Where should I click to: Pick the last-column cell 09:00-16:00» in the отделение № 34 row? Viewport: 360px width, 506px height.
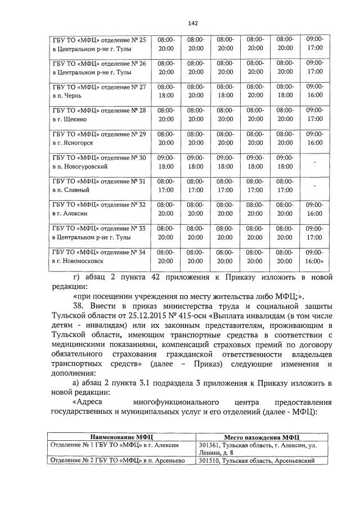316,256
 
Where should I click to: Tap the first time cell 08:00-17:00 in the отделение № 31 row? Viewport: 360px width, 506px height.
166,186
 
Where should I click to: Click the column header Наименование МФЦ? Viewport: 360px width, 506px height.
120,436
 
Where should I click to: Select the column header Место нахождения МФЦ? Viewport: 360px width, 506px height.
261,436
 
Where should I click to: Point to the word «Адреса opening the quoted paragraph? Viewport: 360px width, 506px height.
88,403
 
